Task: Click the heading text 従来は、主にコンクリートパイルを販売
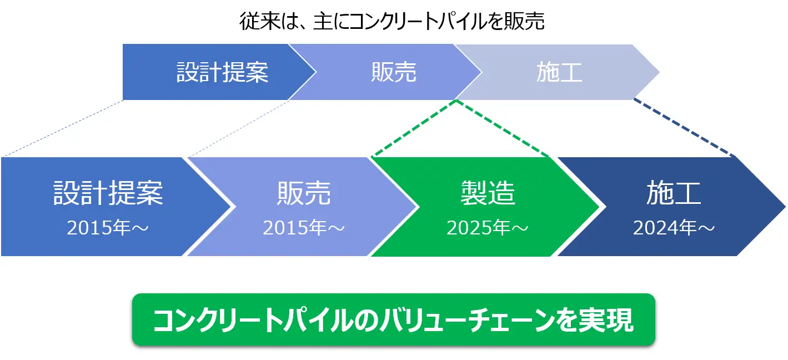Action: pos(392,21)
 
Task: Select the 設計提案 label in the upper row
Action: pos(222,72)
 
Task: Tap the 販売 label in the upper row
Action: pos(394,72)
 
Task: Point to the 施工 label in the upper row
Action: pos(559,72)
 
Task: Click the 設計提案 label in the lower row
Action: pos(108,193)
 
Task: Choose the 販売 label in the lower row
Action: pos(304,193)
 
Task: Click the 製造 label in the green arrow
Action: pos(488,193)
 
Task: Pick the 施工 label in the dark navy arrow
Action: pos(674,193)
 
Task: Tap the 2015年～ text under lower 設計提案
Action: pos(108,227)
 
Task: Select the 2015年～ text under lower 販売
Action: pos(304,227)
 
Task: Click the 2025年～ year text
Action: pos(488,227)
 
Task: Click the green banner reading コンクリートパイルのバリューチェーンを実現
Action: pos(394,319)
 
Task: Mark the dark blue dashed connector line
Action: pos(684,127)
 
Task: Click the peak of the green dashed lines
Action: pos(456,101)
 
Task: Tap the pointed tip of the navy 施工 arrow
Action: pos(785,207)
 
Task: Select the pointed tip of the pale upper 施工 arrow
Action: pos(659,72)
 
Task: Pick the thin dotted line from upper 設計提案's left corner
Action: pos(63,128)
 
